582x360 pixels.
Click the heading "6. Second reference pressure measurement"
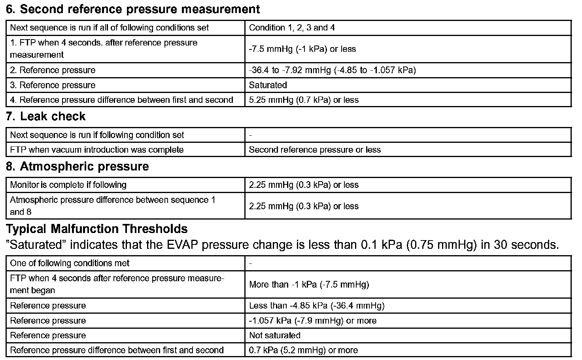tap(133, 9)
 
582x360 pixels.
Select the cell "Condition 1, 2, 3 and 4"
tap(292, 28)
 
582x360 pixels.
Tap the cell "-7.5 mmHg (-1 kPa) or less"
tap(302, 49)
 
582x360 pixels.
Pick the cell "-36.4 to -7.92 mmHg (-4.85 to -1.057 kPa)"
tap(332, 70)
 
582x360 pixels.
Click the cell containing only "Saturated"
tap(268, 85)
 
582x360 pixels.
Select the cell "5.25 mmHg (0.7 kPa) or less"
tap(304, 100)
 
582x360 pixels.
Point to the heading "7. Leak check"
tap(46, 116)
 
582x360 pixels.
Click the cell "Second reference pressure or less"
tap(315, 150)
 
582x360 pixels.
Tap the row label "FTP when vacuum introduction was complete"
tap(97, 150)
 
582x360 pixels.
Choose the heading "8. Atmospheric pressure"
tap(77, 167)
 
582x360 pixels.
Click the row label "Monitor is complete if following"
tap(68, 185)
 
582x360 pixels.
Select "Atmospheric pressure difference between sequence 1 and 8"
tap(113, 206)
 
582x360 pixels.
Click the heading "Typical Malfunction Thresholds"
tap(97, 229)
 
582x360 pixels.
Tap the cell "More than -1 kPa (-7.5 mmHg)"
tap(309, 284)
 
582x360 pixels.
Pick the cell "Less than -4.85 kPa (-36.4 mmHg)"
tap(317, 306)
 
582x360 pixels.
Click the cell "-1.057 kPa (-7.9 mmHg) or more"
tap(313, 321)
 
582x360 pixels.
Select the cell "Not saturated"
tap(275, 335)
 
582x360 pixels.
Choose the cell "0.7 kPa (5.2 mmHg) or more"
tap(303, 351)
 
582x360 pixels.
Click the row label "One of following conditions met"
tap(70, 263)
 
